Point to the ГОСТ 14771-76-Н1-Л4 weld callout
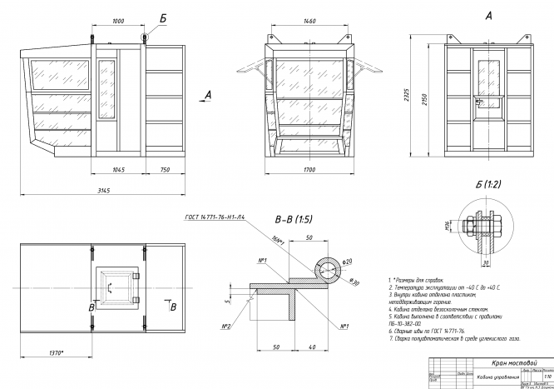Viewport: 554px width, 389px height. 213,216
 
